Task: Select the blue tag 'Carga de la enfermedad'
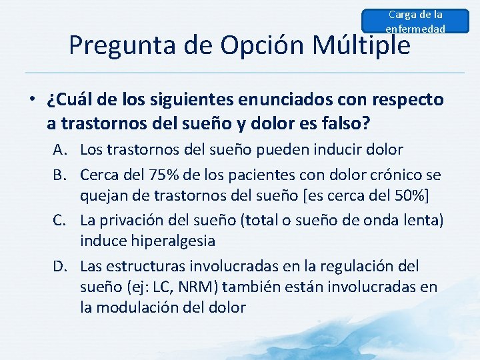tap(415, 21)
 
